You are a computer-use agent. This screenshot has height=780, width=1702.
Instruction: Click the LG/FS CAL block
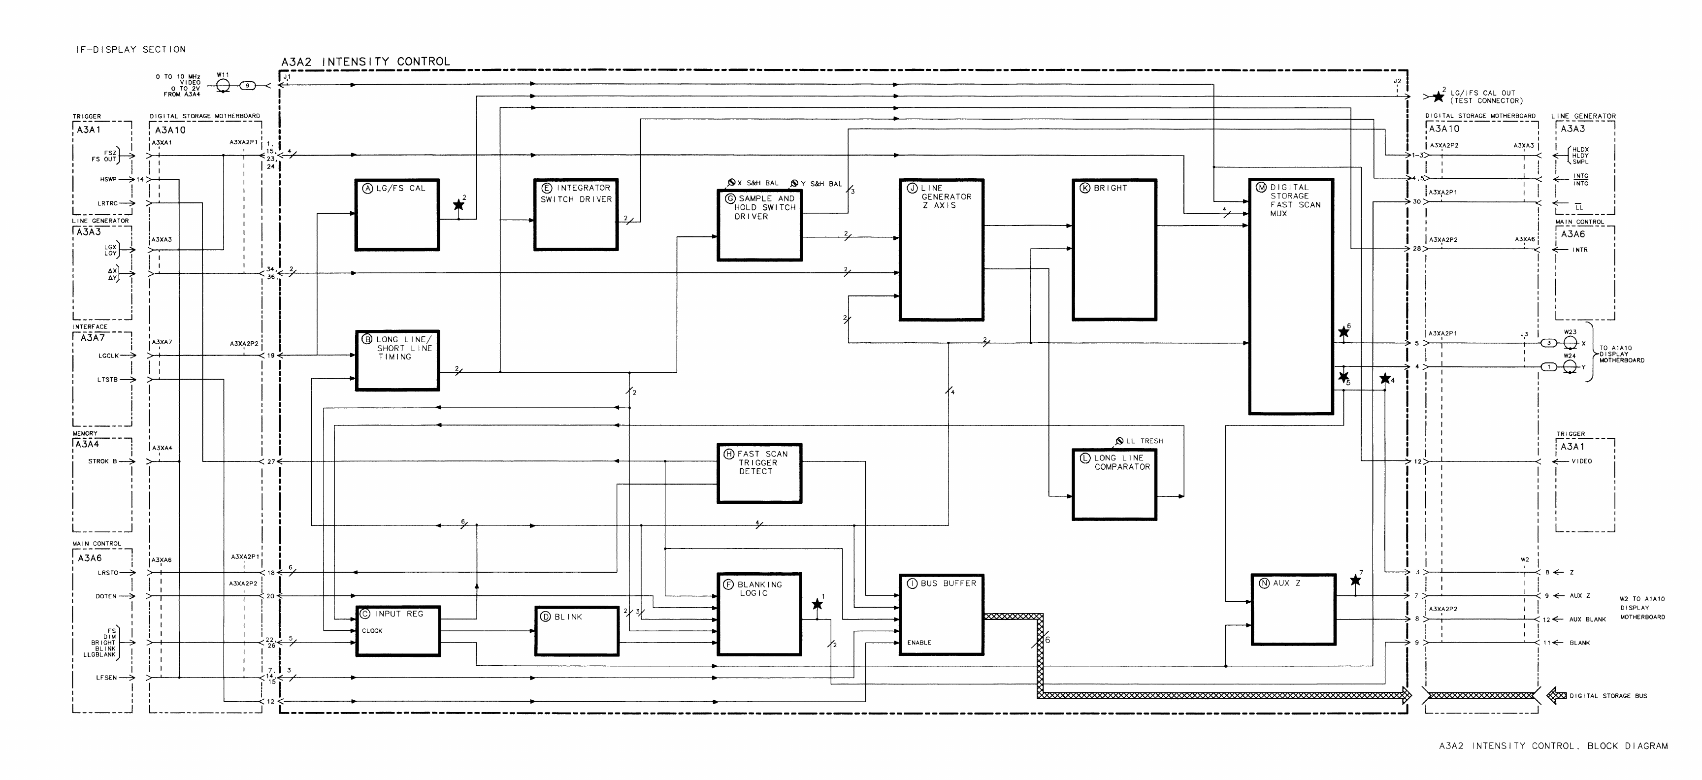[397, 215]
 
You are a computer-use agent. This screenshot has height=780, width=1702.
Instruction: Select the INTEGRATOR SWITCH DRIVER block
[576, 215]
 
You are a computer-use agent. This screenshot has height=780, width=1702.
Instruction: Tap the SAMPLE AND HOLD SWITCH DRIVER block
[759, 225]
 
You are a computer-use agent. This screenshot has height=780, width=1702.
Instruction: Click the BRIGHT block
[1114, 250]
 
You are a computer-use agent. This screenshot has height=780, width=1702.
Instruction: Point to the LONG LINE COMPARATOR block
[1114, 485]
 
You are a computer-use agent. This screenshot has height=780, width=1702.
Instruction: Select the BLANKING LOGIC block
[759, 614]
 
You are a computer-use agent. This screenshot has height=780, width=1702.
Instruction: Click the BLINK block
[576, 631]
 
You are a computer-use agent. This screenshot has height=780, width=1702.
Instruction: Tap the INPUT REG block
[398, 631]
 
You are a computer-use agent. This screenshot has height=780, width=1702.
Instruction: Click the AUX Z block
[1293, 609]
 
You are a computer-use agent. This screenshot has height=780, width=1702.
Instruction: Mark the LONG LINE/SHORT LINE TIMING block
[397, 360]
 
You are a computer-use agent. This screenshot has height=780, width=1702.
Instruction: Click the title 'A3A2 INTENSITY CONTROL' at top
[365, 62]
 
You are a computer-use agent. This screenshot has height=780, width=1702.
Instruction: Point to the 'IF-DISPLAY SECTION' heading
[131, 50]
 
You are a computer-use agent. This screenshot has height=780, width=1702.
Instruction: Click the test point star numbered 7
[1355, 581]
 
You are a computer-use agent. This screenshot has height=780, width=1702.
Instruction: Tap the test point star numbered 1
[818, 604]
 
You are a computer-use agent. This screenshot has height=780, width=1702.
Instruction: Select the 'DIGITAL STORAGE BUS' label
[1608, 695]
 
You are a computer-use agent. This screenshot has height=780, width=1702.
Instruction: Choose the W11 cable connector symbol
[223, 86]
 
